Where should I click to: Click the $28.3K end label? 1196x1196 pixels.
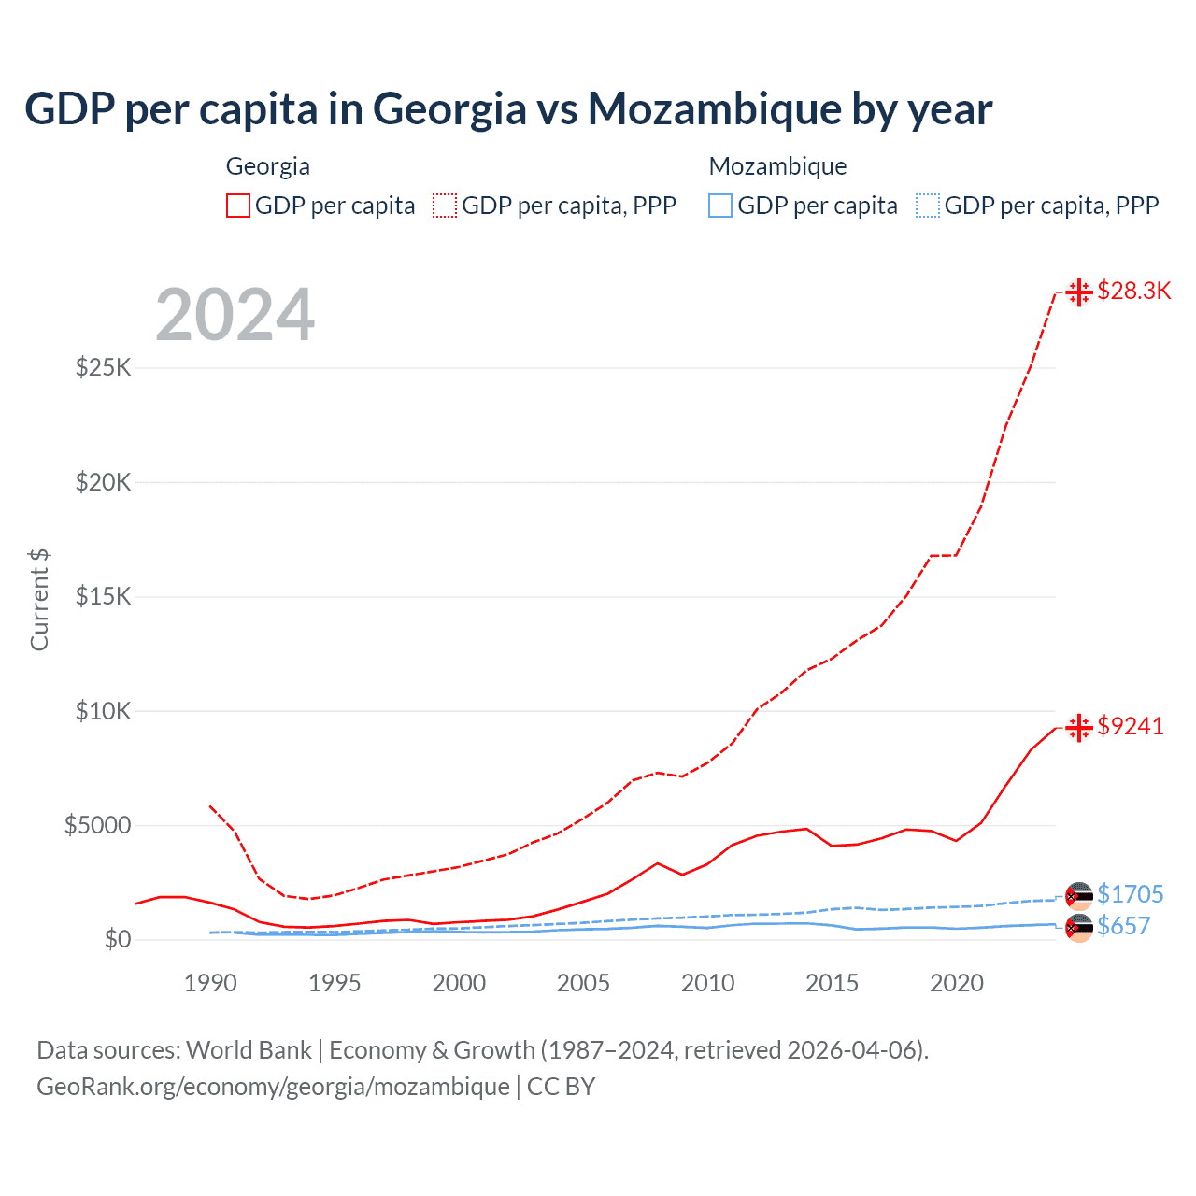pos(1133,291)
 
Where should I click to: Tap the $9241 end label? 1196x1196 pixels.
pos(1131,726)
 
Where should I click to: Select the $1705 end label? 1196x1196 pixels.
pos(1130,894)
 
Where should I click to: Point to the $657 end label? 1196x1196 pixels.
pos(1123,926)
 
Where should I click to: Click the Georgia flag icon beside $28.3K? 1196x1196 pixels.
pos(1079,292)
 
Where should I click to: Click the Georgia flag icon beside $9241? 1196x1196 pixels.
pos(1079,727)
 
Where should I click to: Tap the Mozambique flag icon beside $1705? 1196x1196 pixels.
pos(1079,895)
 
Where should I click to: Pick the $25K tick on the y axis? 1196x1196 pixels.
pos(104,367)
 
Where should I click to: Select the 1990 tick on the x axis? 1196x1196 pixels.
pos(210,983)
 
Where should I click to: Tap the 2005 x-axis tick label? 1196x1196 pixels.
pos(583,983)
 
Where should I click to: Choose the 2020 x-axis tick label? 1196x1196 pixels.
pos(957,983)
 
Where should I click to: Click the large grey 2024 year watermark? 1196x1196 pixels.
pos(235,315)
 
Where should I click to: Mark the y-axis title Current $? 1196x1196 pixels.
pos(39,600)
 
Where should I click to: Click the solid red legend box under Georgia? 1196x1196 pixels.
pos(238,206)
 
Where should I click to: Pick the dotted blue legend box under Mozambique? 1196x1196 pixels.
pos(928,206)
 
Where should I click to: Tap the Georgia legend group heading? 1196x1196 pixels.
pos(268,166)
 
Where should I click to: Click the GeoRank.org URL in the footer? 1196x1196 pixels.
pos(273,1087)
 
